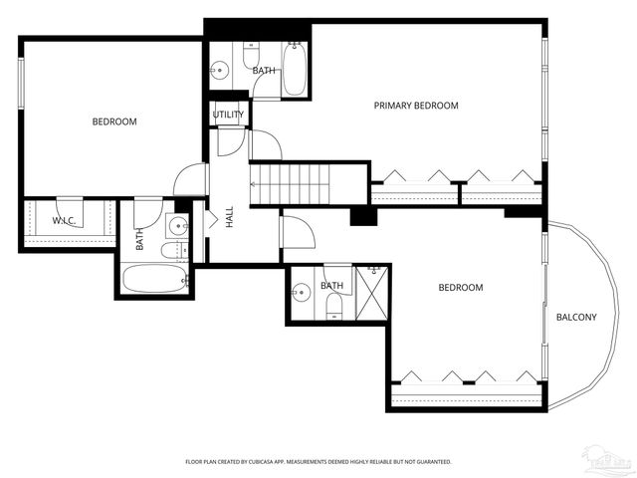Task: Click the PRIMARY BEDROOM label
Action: point(416,106)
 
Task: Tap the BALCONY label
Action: point(576,318)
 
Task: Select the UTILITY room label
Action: point(228,116)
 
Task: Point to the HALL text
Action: point(229,218)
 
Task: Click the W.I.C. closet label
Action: point(66,220)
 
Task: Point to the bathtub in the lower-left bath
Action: point(154,278)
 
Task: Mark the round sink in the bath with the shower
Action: point(302,293)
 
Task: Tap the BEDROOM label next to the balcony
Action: point(461,288)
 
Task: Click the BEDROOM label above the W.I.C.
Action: point(114,121)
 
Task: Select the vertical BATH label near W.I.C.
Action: point(140,239)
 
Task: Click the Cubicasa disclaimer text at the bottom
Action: point(318,462)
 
